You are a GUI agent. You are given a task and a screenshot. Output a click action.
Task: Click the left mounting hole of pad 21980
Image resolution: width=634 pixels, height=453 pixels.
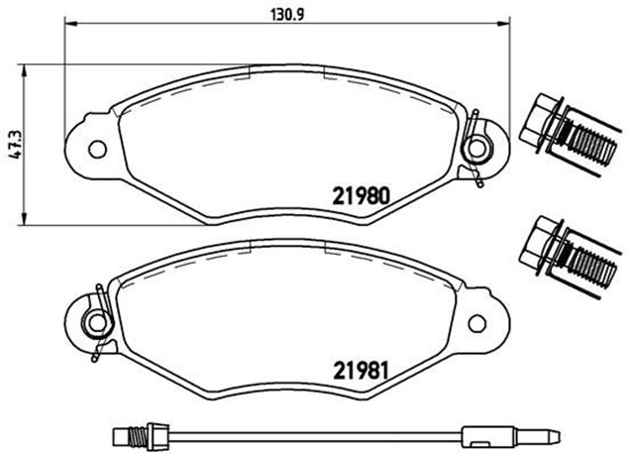97,150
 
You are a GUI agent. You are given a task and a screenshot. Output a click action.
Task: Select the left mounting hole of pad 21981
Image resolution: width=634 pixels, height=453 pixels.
97,322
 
